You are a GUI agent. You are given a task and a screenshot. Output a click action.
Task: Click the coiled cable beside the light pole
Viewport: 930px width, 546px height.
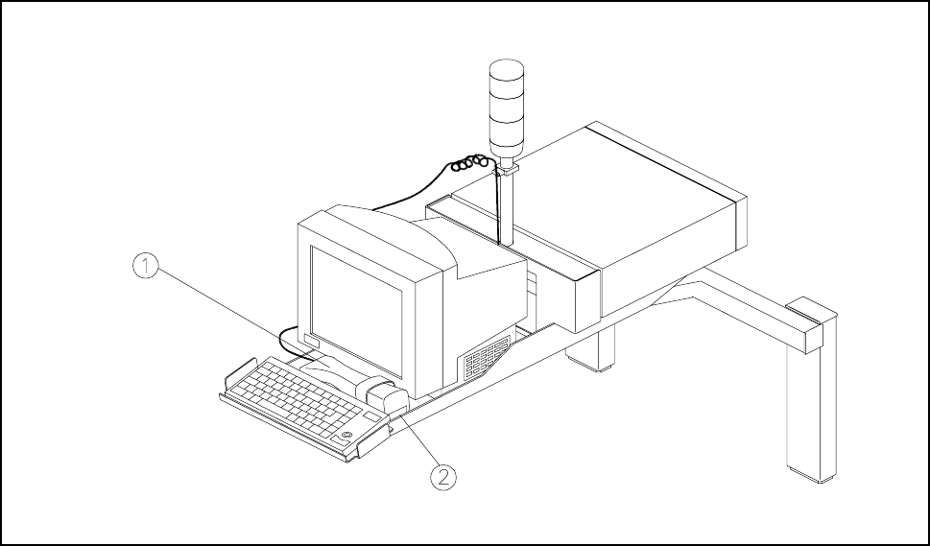[x=470, y=164]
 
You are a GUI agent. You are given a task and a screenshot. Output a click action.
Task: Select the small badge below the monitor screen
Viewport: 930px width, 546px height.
[x=311, y=341]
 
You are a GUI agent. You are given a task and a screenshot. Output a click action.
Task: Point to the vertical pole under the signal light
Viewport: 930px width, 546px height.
[x=506, y=206]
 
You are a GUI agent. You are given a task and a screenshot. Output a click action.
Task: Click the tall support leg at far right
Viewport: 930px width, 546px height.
[x=804, y=413]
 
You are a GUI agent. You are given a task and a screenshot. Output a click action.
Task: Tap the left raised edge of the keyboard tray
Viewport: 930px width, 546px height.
[x=238, y=374]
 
